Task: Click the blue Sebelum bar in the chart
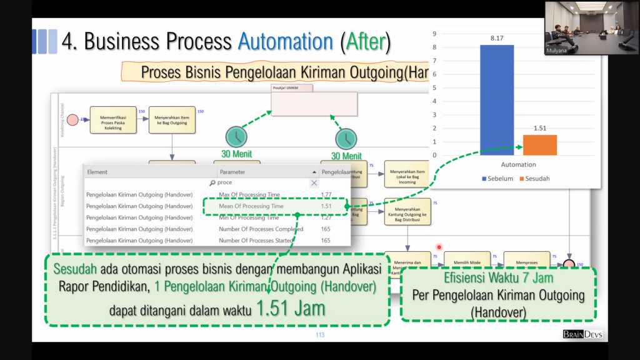tap(497, 100)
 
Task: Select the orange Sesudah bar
tap(539, 145)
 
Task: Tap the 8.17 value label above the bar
tap(497, 38)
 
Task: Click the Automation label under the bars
tap(518, 165)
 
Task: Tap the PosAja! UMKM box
tap(314, 104)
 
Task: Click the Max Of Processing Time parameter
tap(249, 194)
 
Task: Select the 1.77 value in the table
tap(326, 194)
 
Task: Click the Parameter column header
tap(232, 172)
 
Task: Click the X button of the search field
tap(314, 182)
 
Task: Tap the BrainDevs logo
tap(582, 334)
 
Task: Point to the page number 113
tap(320, 335)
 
